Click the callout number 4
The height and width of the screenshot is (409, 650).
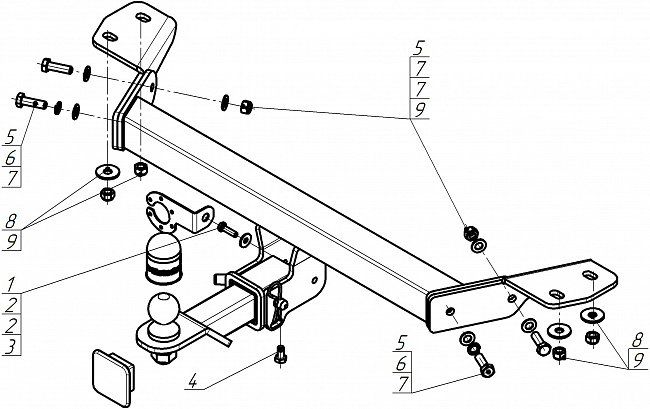coord(193,381)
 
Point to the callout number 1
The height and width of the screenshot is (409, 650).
coord(11,284)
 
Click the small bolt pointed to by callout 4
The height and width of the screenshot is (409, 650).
coord(281,356)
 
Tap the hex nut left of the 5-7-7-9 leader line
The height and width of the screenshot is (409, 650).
coord(246,106)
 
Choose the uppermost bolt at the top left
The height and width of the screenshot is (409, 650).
coord(57,66)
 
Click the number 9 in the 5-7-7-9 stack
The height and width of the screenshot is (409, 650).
coord(420,109)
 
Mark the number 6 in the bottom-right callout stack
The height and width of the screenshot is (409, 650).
coord(401,363)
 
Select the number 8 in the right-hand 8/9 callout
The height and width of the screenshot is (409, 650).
coord(638,341)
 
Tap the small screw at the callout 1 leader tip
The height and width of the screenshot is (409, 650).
coord(227,229)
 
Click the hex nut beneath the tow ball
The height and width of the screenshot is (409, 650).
coord(164,356)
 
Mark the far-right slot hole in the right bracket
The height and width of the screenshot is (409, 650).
coord(589,275)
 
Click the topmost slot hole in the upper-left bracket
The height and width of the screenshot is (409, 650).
coord(143,18)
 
